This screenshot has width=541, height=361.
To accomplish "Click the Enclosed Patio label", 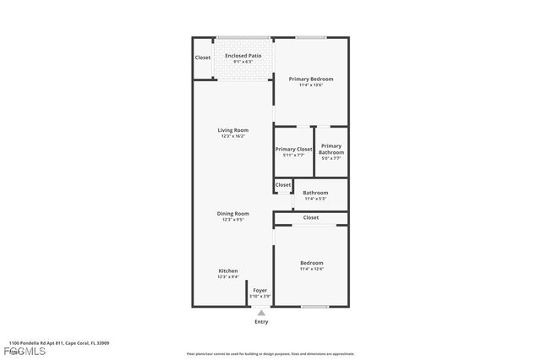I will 243,56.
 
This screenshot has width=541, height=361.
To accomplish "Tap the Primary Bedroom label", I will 311,79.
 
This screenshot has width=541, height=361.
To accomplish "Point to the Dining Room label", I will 233,213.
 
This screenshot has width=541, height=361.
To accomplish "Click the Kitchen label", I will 228,271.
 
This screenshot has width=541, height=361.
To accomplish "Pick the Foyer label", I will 260,290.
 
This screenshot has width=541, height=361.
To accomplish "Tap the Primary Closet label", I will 293,150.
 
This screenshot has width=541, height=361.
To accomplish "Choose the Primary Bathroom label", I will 331,149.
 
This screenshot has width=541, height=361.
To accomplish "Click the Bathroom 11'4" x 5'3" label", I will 315,193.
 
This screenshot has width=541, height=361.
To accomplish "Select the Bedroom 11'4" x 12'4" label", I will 311,263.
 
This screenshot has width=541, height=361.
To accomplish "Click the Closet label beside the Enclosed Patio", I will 203,57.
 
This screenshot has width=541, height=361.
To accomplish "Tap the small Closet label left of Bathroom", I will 282,184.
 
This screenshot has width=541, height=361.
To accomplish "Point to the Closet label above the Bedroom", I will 311,217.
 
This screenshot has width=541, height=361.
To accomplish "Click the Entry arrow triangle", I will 261,312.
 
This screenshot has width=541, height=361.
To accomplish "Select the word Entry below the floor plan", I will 261,322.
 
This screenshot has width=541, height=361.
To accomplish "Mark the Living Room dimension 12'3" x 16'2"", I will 233,136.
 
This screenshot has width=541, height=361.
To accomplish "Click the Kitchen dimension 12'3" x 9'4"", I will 228,276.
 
